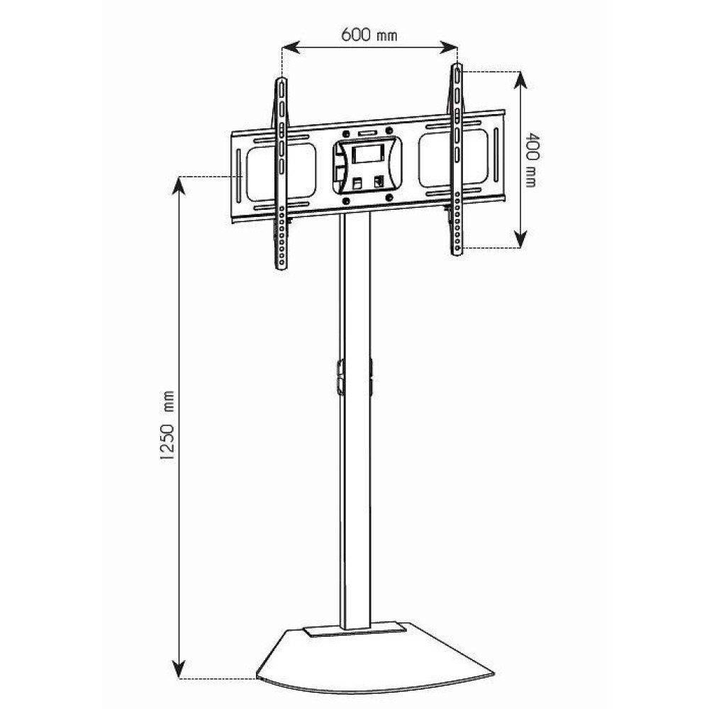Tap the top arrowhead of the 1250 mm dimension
[x=181, y=182]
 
